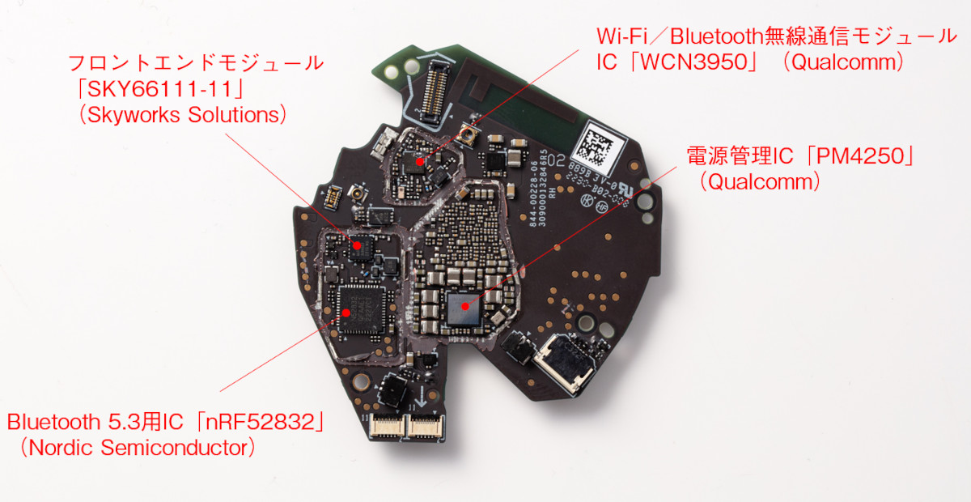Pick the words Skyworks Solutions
[x=183, y=114]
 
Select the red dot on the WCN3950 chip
[x=418, y=162]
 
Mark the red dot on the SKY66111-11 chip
[x=356, y=240]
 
